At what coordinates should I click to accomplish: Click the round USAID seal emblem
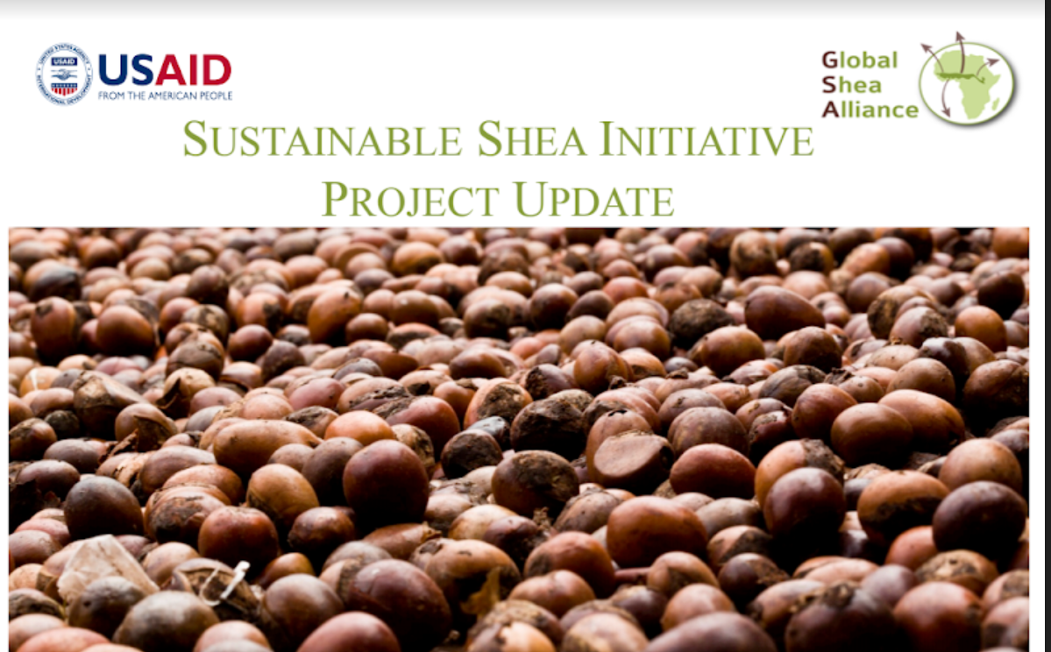coord(63,74)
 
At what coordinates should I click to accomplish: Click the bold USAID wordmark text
coord(165,70)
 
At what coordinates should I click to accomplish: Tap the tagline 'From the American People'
coord(165,96)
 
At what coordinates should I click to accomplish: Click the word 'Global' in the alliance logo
coord(859,60)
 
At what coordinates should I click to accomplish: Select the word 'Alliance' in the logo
coord(870,110)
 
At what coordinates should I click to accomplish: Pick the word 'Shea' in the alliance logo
coord(851,85)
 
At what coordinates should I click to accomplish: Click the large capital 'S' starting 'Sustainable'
coord(195,139)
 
